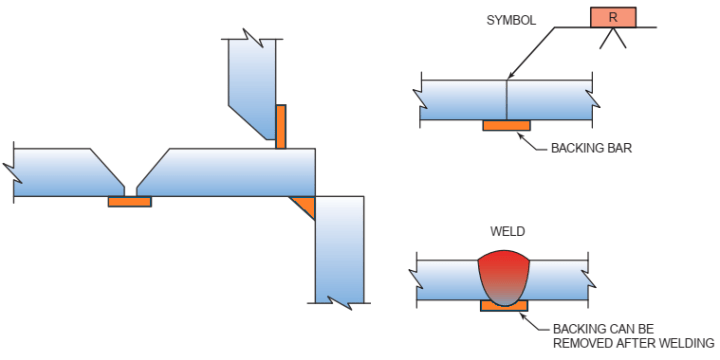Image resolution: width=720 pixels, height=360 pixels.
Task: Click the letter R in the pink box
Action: click(x=612, y=17)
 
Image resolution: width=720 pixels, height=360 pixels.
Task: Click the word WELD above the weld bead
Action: click(x=507, y=232)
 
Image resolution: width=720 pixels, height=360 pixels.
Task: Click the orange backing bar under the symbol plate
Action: click(x=506, y=125)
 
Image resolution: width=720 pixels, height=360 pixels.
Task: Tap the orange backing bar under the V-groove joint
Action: click(x=129, y=201)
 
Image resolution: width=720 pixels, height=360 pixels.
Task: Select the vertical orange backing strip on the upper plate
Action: click(x=282, y=126)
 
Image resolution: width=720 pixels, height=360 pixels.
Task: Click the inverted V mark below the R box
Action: click(x=612, y=38)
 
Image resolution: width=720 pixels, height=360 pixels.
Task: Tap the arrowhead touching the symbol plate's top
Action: click(x=509, y=76)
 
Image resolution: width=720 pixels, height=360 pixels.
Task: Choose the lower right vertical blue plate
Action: click(x=339, y=250)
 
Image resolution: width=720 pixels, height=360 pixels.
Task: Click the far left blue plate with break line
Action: click(x=60, y=172)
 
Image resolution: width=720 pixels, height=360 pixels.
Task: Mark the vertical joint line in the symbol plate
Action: click(x=507, y=100)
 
